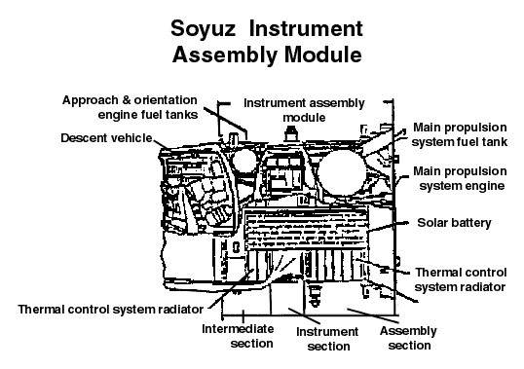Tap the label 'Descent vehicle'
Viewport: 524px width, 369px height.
106,137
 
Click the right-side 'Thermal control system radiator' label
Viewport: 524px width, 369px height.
460,279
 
